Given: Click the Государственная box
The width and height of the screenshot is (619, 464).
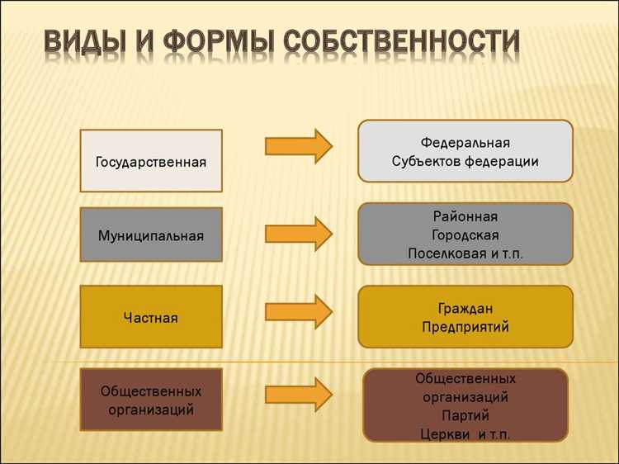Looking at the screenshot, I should click(x=151, y=160).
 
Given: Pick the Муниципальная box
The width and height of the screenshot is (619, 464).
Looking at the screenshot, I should click(x=151, y=235).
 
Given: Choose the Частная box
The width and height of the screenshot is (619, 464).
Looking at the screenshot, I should click(x=151, y=317).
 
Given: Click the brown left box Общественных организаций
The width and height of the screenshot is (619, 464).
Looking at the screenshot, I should click(x=151, y=400).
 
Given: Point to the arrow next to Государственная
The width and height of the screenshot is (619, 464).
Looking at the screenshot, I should click(x=298, y=146).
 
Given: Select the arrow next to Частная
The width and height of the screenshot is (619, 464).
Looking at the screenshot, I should click(x=298, y=311).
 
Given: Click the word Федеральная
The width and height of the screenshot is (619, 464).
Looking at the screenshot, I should click(x=465, y=143).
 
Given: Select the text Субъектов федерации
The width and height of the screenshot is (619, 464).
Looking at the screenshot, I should click(x=465, y=162).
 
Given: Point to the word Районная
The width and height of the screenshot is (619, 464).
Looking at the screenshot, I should click(x=465, y=216).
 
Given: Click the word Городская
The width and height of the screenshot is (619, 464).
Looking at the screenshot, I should click(x=465, y=234).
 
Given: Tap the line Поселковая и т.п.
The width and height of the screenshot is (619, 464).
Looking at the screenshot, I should click(x=465, y=253).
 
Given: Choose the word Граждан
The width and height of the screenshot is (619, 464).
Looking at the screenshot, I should click(x=465, y=308).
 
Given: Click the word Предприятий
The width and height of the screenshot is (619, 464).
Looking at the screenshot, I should click(x=465, y=327).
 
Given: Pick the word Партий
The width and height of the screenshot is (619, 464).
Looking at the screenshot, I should click(x=465, y=415).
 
